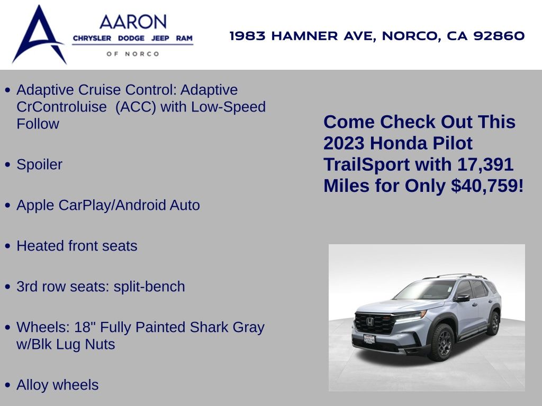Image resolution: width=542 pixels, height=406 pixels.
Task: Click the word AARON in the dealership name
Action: (x=133, y=22)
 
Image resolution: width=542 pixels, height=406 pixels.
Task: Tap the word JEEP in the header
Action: (x=160, y=38)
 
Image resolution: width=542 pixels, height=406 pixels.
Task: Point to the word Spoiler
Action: (x=39, y=164)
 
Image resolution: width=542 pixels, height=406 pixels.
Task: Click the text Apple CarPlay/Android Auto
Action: (x=108, y=205)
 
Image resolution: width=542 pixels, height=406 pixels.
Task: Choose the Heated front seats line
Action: (x=77, y=246)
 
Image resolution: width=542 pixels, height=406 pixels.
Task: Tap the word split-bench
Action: (x=149, y=287)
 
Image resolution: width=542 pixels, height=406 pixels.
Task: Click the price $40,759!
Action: (x=487, y=186)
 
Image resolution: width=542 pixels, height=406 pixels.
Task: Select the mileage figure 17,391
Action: (x=485, y=165)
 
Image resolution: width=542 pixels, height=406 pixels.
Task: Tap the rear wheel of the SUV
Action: (x=494, y=323)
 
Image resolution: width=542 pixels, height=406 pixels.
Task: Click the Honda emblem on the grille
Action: (x=370, y=322)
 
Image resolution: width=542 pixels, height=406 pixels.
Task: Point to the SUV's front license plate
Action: (x=369, y=339)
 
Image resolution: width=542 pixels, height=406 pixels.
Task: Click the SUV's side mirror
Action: (x=462, y=297)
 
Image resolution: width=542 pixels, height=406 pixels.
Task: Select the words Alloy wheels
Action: (x=57, y=385)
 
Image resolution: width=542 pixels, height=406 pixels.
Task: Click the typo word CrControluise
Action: (x=61, y=107)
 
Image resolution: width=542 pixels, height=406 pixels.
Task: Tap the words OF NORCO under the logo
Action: (x=133, y=54)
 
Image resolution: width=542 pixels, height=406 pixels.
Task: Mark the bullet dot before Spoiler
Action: (x=8, y=165)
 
